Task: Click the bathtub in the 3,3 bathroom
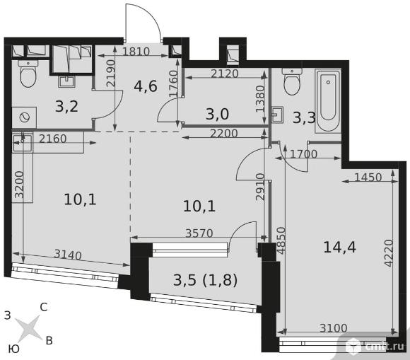click(328, 101)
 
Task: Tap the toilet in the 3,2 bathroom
click(28, 74)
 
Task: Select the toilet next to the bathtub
click(292, 81)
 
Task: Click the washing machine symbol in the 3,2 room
click(24, 117)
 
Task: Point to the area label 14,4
click(339, 248)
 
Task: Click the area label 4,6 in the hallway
click(146, 86)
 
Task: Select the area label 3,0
click(217, 114)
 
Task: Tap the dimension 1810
click(136, 52)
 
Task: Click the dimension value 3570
click(199, 233)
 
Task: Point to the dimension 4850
click(281, 240)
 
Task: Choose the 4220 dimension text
click(389, 253)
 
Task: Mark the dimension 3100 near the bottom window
click(334, 328)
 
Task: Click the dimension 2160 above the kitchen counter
click(52, 139)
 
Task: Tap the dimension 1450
click(368, 178)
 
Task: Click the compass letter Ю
click(14, 349)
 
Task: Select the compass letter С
click(44, 307)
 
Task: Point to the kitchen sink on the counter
click(23, 142)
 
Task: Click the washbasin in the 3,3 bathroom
click(277, 115)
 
